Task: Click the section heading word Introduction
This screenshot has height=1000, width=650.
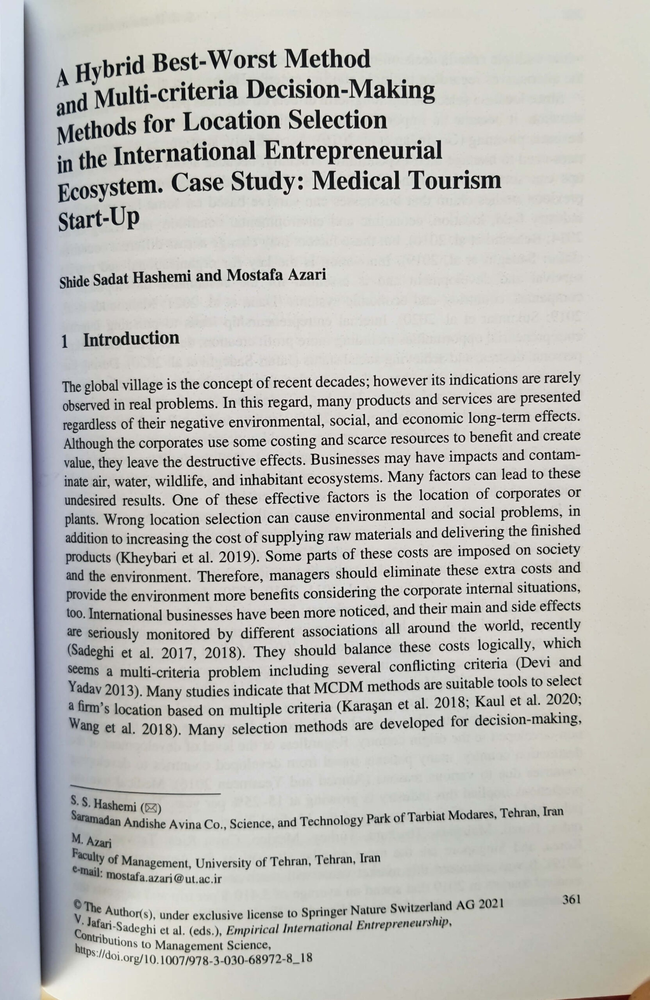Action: coord(131,339)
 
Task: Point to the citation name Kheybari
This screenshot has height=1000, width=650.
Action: coord(137,557)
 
